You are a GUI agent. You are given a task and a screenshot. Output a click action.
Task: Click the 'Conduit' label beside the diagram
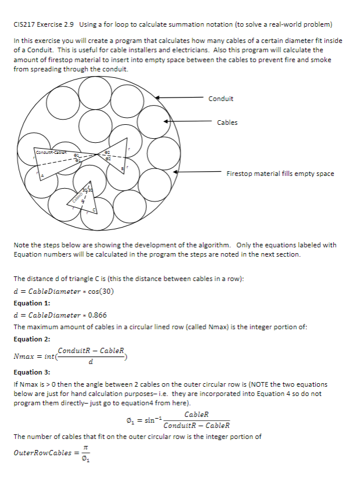coord(221,99)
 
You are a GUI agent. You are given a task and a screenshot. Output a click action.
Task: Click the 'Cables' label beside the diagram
coord(227,123)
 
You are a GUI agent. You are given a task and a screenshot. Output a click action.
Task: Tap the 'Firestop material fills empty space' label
coord(280,174)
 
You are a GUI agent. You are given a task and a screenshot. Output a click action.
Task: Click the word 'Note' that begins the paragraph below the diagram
coord(21,245)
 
